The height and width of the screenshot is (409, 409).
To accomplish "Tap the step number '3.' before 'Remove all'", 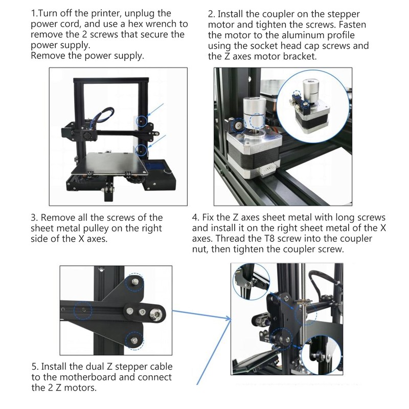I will pyautogui.click(x=35, y=218).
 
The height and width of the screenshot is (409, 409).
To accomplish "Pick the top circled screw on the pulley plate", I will pyautogui.click(x=135, y=282).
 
